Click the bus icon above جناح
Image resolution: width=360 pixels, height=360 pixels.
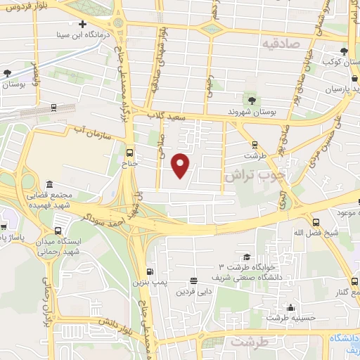[x=129, y=152]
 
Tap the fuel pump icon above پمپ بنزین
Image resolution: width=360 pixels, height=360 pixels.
[x=149, y=272]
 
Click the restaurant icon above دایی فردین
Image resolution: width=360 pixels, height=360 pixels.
[x=193, y=281]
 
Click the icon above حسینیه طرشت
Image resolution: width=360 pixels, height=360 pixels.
[x=290, y=308]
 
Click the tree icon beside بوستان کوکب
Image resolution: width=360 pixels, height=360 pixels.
[x=344, y=51]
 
